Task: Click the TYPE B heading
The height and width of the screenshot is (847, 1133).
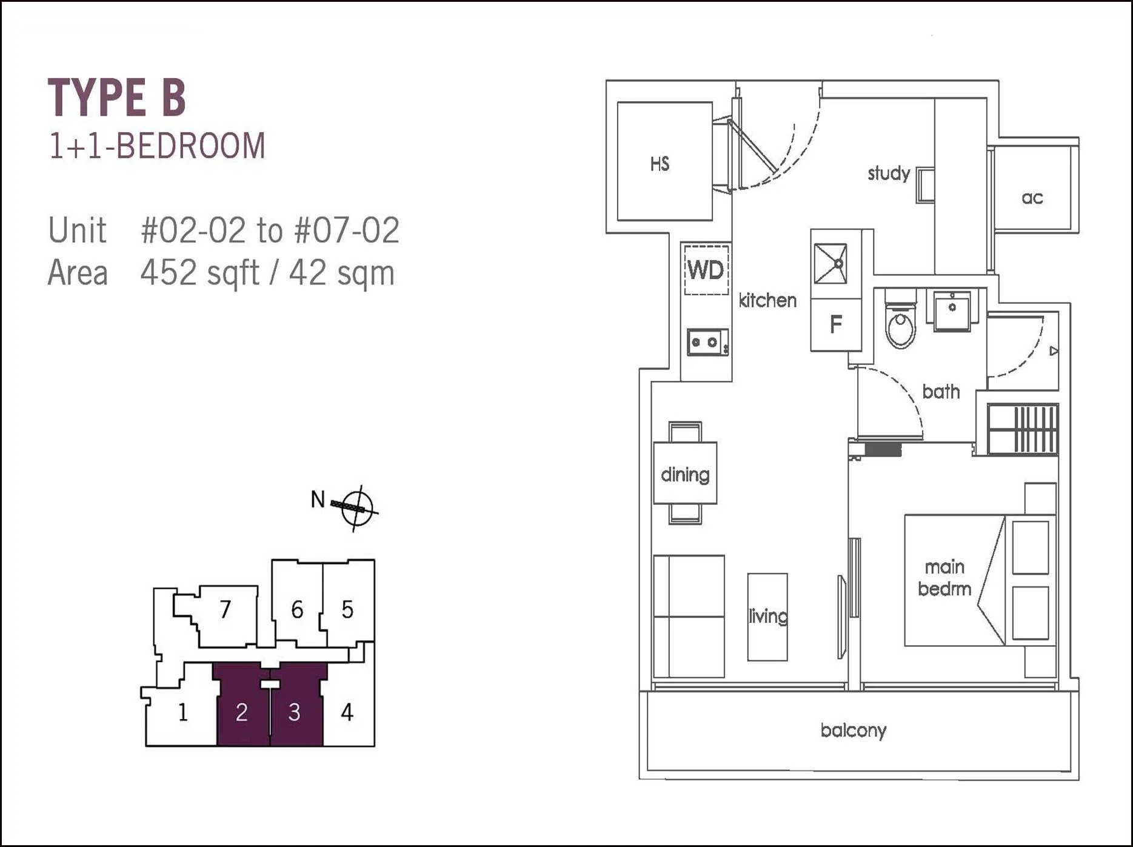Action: click(116, 97)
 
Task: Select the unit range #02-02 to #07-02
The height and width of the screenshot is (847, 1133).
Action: click(270, 230)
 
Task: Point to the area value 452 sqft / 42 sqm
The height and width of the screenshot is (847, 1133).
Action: click(267, 273)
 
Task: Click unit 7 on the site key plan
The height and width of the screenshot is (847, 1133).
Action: click(226, 609)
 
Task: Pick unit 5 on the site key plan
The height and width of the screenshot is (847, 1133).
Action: click(347, 609)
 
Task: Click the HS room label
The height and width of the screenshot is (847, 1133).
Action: click(660, 164)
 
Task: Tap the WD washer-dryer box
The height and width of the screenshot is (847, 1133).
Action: click(706, 269)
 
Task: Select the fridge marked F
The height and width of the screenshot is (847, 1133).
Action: click(836, 324)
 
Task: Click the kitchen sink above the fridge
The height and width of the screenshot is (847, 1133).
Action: click(830, 264)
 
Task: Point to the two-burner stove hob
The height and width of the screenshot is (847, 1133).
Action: click(707, 343)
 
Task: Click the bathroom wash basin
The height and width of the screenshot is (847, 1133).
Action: click(952, 310)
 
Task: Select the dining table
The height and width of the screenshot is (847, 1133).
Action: click(685, 473)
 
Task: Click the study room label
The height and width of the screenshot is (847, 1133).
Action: click(889, 173)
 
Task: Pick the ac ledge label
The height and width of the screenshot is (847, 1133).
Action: click(1032, 198)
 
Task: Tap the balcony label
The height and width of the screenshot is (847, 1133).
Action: click(853, 731)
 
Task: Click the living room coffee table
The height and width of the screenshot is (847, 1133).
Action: click(767, 617)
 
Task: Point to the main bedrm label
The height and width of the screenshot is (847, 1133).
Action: click(944, 578)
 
